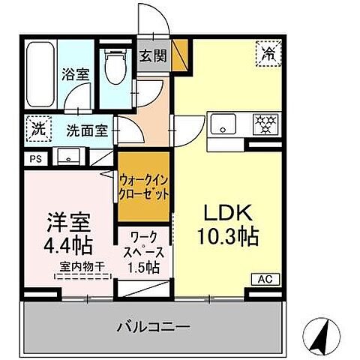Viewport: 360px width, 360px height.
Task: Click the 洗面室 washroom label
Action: pyautogui.click(x=86, y=129)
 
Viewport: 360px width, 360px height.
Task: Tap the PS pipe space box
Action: pyautogui.click(x=36, y=158)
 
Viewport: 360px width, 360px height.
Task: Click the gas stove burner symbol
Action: pyautogui.click(x=264, y=124)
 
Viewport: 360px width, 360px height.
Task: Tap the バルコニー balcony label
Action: pyautogui.click(x=152, y=327)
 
